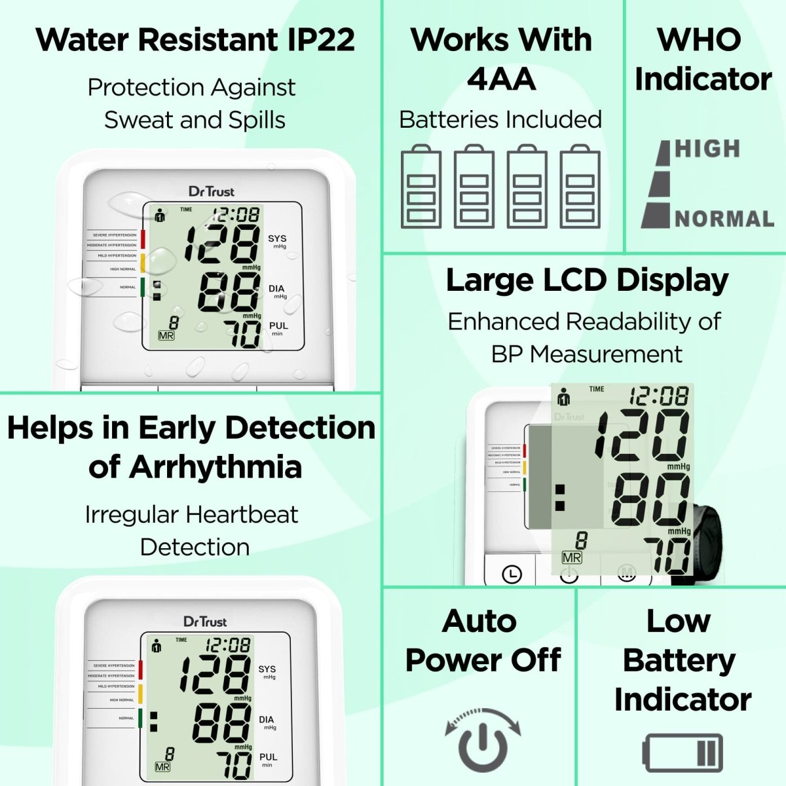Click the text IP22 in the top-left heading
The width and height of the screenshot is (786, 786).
[321, 39]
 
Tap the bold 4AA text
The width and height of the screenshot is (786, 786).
[501, 79]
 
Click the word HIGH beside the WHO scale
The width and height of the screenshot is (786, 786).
[707, 149]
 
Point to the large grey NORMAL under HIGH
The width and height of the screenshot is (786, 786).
[724, 219]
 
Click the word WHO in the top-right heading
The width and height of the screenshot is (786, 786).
[700, 39]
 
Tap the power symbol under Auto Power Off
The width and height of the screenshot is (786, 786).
[483, 743]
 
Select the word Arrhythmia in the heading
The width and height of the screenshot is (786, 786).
[215, 467]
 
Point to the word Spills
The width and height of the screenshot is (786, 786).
[257, 120]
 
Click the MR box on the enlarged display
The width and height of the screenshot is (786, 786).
[572, 557]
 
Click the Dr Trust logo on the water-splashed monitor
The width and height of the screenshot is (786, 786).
[211, 191]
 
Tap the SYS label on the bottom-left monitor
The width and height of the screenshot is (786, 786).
[267, 669]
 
